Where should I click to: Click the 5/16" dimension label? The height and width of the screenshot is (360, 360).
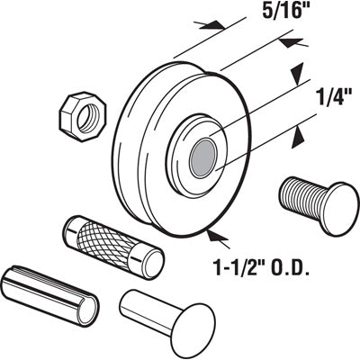tap(260, 15)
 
